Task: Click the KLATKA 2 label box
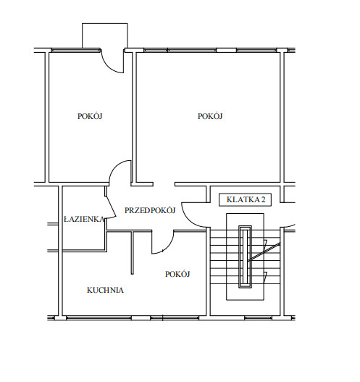point(245,200)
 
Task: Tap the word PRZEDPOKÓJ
point(150,210)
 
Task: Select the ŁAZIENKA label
point(84,219)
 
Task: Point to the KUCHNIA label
point(105,290)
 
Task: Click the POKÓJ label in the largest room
point(210,116)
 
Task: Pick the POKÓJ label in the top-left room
point(90,116)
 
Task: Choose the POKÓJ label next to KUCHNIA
point(177,274)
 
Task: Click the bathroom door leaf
point(111,207)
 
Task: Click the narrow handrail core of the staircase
point(245,257)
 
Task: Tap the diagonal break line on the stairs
point(264,252)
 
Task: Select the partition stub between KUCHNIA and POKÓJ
point(133,253)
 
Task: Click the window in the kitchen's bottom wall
point(99,318)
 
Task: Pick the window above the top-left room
point(76,51)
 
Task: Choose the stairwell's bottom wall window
point(259,318)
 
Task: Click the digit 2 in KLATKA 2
point(264,200)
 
